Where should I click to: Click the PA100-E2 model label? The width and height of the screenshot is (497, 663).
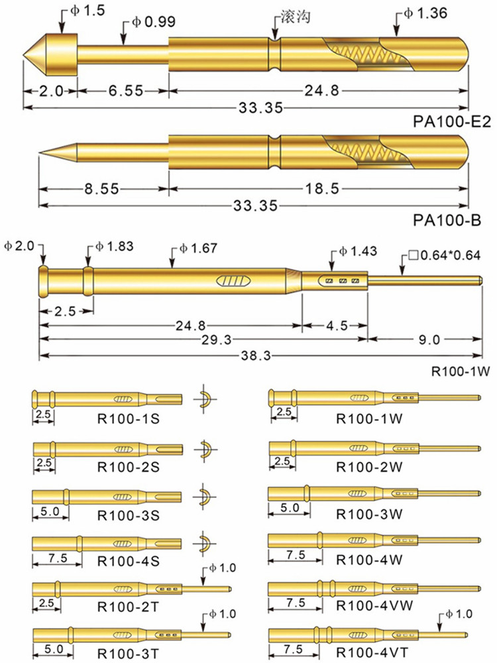(452, 122)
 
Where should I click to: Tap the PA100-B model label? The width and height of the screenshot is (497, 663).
(447, 220)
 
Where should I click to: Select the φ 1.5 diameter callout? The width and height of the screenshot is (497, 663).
(87, 11)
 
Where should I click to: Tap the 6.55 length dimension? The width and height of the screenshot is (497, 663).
(126, 90)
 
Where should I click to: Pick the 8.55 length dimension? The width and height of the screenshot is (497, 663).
(101, 188)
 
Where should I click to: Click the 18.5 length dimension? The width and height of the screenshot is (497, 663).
(322, 188)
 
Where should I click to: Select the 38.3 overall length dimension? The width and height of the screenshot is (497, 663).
(256, 355)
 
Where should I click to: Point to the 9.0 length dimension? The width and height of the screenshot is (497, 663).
(429, 339)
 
